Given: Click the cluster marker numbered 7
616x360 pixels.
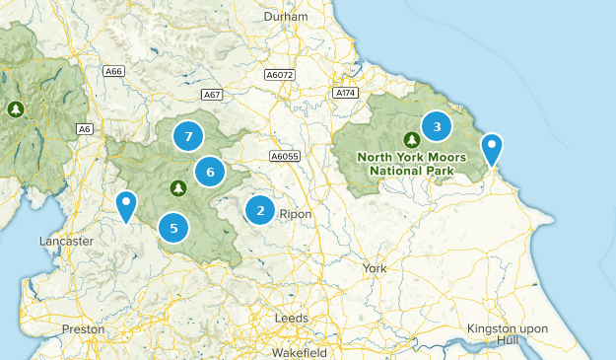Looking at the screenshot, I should (x=188, y=135).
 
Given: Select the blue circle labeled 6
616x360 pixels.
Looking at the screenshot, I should (x=210, y=172).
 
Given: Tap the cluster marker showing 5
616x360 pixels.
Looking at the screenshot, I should (x=173, y=228).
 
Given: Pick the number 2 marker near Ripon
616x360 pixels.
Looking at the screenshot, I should (x=260, y=209).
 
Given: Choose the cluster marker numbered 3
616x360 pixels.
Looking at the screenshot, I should (x=437, y=125).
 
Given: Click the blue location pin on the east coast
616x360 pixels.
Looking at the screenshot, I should (x=491, y=151).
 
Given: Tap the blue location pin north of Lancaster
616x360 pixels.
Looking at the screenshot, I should (x=126, y=206).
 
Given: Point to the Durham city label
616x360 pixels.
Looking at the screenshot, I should (x=286, y=18).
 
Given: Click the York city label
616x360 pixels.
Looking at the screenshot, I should (x=375, y=268).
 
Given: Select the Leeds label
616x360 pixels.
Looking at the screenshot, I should (x=292, y=318).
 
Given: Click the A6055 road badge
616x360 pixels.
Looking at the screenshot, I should (x=284, y=156).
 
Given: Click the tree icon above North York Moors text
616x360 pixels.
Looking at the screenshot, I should (x=411, y=138).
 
